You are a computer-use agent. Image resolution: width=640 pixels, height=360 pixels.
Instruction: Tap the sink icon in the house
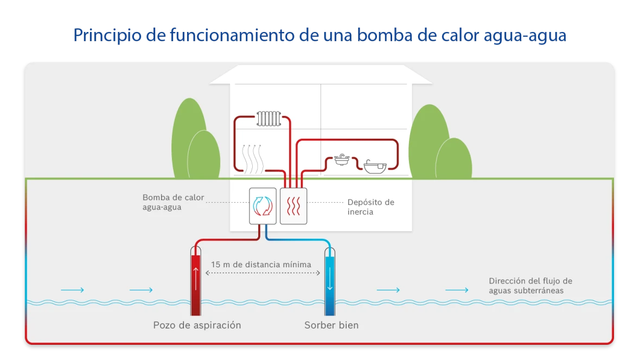click(342, 160)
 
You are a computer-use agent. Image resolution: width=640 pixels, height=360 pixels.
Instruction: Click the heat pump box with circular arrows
click(263, 205)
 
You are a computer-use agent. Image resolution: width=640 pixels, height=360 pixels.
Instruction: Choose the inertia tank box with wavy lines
click(293, 205)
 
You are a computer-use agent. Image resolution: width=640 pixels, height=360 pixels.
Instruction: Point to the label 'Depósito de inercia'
click(371, 207)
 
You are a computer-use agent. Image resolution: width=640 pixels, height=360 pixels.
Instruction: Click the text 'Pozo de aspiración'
click(197, 325)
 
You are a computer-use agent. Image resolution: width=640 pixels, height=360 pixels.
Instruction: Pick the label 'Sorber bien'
click(331, 325)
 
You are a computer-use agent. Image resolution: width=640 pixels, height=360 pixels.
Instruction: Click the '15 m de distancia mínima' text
click(261, 265)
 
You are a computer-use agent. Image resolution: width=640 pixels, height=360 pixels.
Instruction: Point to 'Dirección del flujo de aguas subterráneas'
click(530, 286)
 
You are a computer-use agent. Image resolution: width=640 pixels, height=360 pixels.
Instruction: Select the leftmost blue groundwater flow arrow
click(73, 290)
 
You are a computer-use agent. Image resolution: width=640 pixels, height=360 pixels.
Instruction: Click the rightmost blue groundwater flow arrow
click(457, 290)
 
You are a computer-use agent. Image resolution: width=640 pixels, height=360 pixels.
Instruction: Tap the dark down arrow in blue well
click(330, 282)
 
